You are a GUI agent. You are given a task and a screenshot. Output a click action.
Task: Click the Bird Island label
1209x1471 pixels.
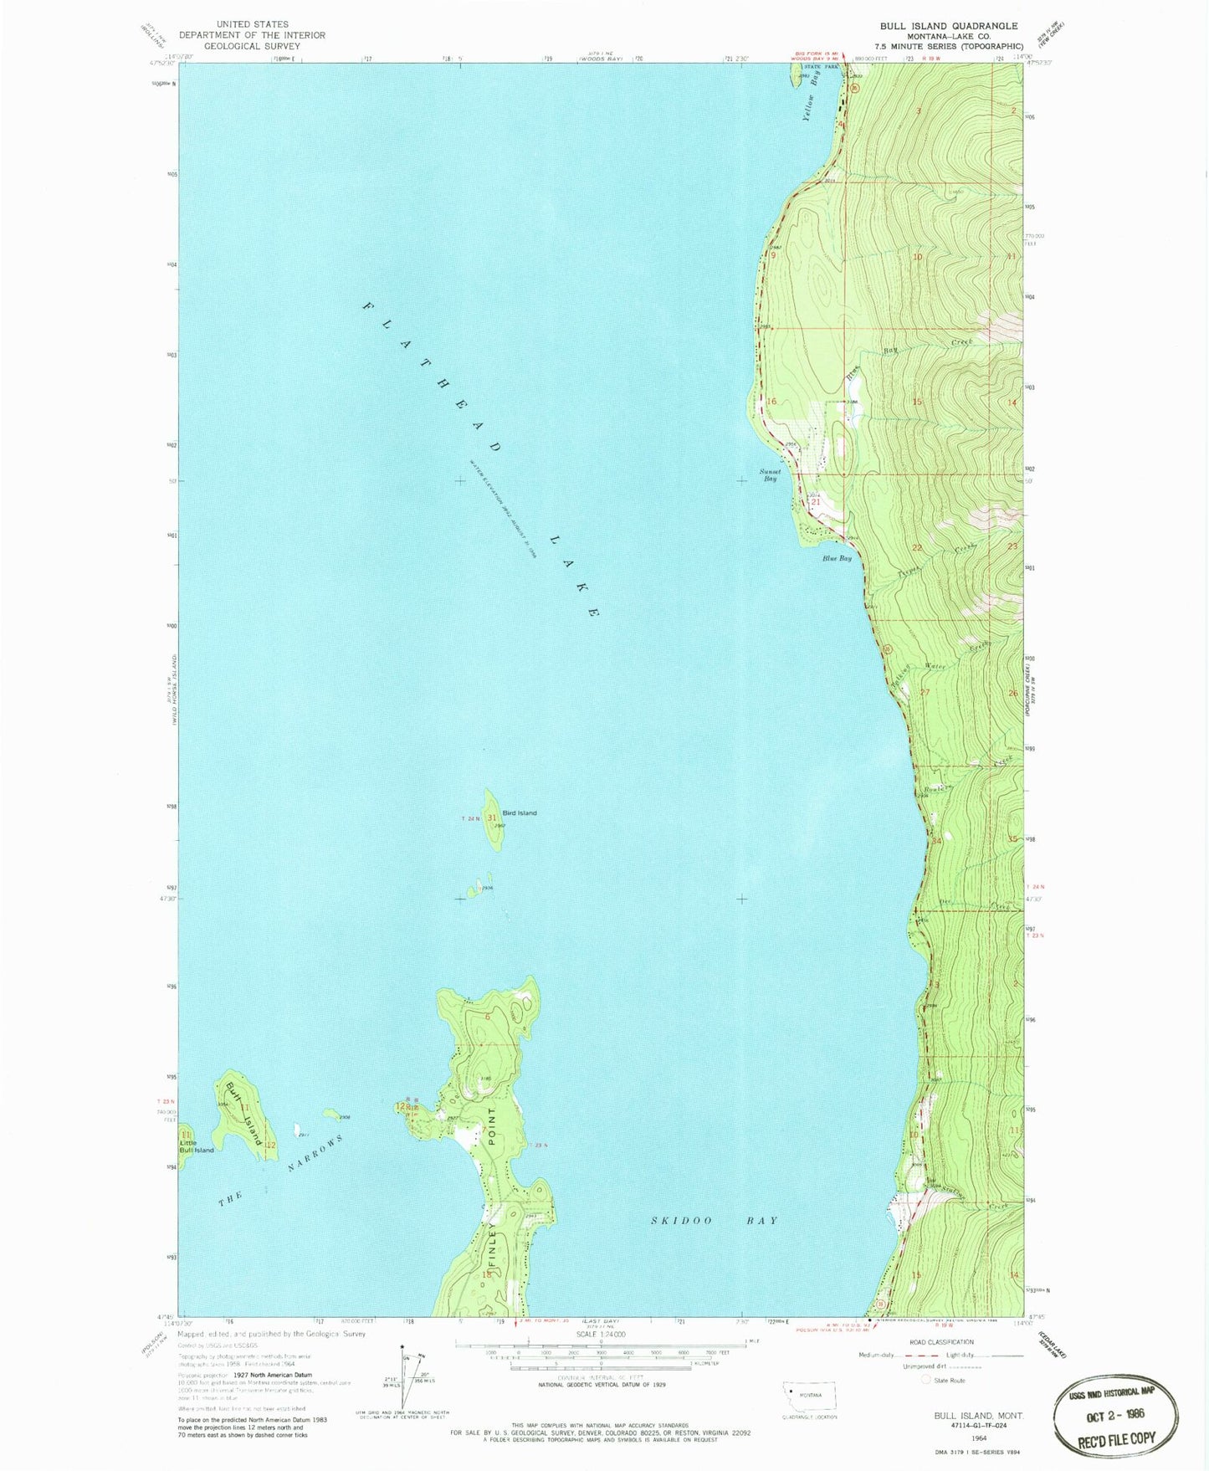point(520,813)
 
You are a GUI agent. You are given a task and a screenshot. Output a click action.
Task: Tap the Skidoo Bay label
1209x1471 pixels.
point(715,1221)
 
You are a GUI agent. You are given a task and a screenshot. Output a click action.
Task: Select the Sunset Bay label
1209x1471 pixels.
point(769,475)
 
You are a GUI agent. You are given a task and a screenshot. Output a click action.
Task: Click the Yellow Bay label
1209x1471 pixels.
point(811,96)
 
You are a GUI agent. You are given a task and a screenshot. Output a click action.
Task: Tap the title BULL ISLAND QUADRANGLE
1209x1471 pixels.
point(949,26)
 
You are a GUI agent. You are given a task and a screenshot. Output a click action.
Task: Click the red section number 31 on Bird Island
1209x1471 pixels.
point(492,818)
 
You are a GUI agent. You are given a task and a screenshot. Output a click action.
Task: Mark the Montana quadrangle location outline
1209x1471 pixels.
point(808,1397)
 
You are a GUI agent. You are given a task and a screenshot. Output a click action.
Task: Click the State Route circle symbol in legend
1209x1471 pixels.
point(926,1380)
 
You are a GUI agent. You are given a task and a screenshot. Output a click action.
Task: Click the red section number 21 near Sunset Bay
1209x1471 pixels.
point(816,502)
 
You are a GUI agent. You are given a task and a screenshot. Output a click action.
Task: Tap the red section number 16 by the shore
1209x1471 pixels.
point(771,402)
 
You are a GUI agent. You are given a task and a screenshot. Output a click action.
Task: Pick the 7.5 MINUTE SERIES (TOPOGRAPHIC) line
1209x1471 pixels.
point(949,47)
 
